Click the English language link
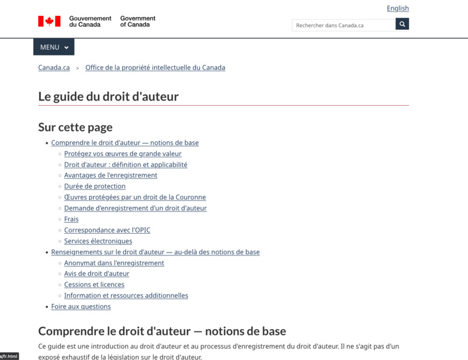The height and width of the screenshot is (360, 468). click(x=398, y=8)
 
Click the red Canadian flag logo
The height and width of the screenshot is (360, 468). click(x=49, y=22)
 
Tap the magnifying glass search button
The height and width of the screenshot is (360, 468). click(x=402, y=25)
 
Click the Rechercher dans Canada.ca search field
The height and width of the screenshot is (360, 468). click(x=343, y=25)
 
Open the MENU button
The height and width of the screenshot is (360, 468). click(x=54, y=47)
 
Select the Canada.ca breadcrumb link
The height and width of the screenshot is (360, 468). click(x=54, y=68)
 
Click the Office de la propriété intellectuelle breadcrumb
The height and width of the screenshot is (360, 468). click(x=155, y=68)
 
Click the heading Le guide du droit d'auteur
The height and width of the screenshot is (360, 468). click(x=108, y=96)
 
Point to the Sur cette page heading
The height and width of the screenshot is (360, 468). click(x=75, y=127)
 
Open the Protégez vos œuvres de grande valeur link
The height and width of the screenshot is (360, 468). click(x=123, y=154)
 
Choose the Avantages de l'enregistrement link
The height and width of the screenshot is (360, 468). click(x=111, y=175)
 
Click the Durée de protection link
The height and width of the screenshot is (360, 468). click(x=95, y=186)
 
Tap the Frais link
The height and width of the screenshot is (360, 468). click(x=71, y=219)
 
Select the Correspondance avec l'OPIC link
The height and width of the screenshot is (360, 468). click(x=107, y=230)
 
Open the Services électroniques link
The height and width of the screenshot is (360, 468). click(x=98, y=241)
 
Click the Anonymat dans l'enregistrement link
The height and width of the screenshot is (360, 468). click(x=114, y=263)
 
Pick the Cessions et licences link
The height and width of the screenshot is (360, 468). click(x=94, y=285)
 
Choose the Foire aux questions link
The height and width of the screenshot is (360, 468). click(x=81, y=306)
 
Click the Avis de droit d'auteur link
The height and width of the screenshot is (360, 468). click(x=97, y=274)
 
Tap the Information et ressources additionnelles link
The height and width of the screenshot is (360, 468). click(x=126, y=296)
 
